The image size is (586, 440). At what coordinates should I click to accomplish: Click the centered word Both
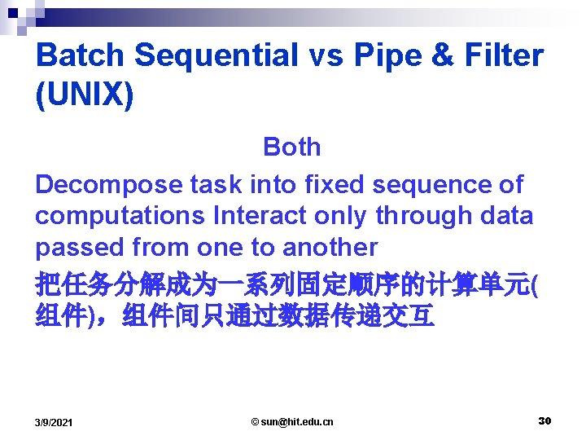(x=291, y=147)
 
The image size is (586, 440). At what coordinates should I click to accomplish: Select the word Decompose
(x=109, y=185)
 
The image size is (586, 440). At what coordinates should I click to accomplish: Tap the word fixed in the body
(x=334, y=185)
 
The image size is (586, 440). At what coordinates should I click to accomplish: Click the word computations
(x=120, y=216)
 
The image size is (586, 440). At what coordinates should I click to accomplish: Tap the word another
(x=330, y=247)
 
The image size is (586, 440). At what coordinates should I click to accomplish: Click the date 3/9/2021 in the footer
(x=54, y=422)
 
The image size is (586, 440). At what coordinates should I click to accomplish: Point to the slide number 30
(x=544, y=420)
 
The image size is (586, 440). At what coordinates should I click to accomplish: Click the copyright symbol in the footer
(x=255, y=421)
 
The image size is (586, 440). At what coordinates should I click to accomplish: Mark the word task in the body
(x=216, y=185)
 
